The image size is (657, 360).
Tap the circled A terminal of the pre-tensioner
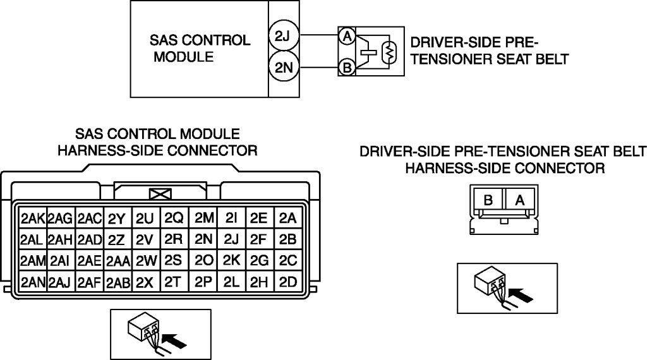(346, 37)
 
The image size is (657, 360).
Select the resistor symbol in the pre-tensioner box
(390, 52)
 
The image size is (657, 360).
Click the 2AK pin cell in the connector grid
(32, 219)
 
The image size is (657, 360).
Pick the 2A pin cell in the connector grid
(287, 219)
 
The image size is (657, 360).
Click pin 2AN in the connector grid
(32, 282)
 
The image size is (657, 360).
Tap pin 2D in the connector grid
(287, 282)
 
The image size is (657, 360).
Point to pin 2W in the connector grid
(146, 261)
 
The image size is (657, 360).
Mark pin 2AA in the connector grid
(118, 261)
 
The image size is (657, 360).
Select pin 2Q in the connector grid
(174, 219)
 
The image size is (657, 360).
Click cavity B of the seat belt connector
(488, 200)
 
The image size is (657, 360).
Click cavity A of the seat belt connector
(520, 200)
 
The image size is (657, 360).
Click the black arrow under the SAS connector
(178, 340)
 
